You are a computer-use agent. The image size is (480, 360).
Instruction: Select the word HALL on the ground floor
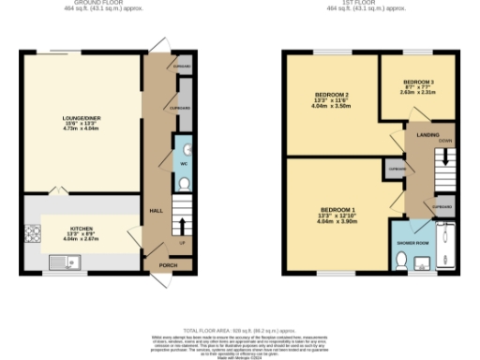[157, 211]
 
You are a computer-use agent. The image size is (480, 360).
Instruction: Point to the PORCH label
[168, 265]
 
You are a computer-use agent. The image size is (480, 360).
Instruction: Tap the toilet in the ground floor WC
[185, 183]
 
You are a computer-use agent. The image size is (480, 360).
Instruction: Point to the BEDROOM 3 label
[419, 82]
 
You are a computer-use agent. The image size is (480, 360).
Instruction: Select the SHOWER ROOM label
[413, 243]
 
